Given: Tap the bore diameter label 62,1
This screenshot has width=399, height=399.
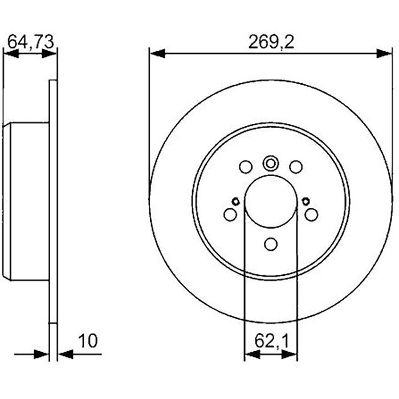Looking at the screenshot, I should tap(270, 341).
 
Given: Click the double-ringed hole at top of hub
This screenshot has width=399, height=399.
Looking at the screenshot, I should tap(270, 164).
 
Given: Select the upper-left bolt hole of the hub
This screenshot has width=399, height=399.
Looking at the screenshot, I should tap(245, 167).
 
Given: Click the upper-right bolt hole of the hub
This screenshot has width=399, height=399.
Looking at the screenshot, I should tap(295, 167).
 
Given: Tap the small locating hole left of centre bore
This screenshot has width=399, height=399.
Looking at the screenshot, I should tap(235, 200).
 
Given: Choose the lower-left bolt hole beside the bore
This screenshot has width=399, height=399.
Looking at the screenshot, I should tap(230, 214).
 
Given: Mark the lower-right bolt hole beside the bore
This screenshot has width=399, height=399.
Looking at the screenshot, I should tap(311, 214).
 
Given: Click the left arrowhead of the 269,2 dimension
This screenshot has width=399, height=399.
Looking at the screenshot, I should tap(157, 54).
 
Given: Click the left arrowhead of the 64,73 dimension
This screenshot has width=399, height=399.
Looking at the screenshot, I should tap(11, 54).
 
